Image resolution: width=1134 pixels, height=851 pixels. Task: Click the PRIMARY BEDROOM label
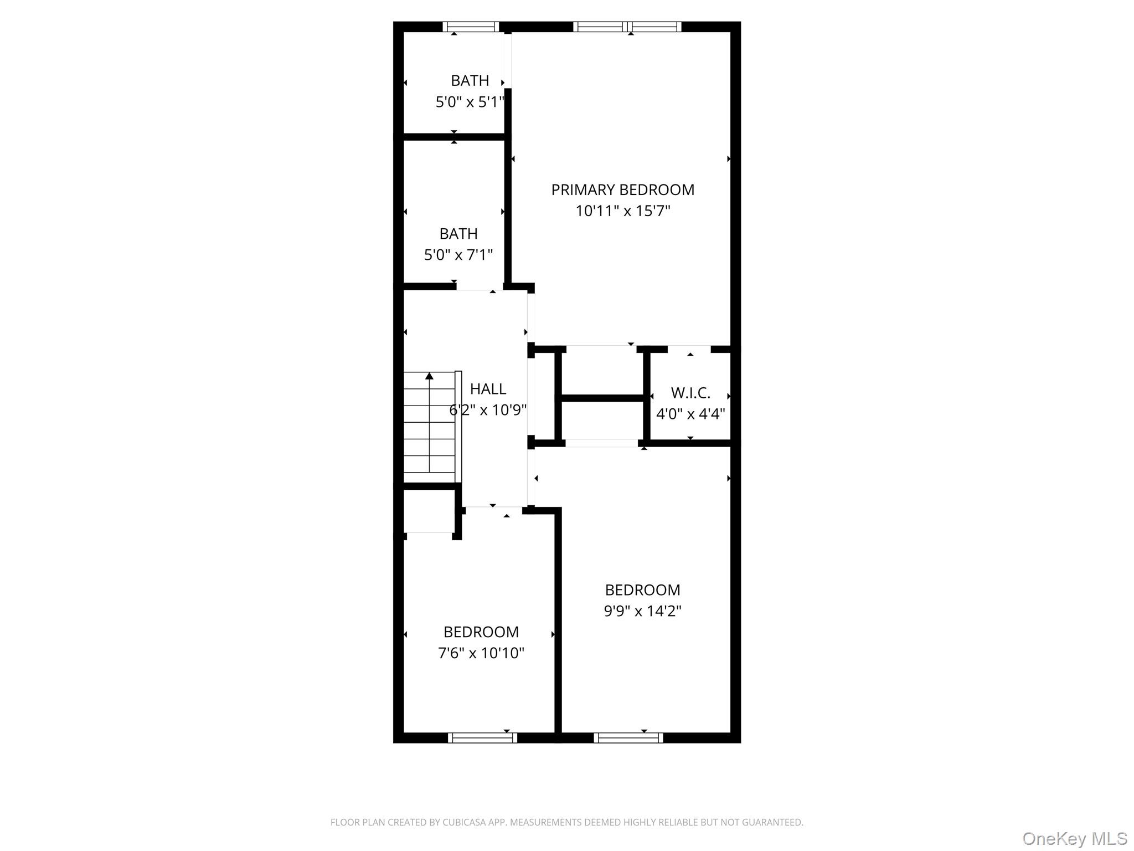point(622,189)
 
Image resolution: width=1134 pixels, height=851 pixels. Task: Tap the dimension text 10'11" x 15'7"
point(623,211)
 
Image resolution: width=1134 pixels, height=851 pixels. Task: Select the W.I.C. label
point(690,393)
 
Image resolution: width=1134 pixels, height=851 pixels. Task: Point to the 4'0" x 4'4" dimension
point(690,414)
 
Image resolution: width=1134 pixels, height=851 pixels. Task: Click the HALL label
point(488,389)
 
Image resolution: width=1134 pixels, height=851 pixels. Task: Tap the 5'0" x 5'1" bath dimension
point(470,102)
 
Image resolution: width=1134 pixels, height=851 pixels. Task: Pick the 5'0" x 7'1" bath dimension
point(458,255)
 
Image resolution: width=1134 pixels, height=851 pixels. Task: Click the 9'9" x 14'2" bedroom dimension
point(642,611)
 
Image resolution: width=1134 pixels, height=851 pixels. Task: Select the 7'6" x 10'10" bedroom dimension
point(481,653)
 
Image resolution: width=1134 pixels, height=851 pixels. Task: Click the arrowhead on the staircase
point(429,376)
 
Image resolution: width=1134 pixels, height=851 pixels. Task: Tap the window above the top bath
point(471,27)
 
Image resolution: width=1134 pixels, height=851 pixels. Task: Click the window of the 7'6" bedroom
point(482,737)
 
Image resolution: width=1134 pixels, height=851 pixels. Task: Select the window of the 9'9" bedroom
point(628,737)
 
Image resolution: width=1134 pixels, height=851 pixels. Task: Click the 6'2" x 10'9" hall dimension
point(488,410)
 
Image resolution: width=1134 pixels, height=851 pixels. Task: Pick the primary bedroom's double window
point(627,27)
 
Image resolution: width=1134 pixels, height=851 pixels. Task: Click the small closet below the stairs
point(430,511)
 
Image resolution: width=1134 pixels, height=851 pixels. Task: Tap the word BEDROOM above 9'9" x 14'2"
point(642,589)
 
